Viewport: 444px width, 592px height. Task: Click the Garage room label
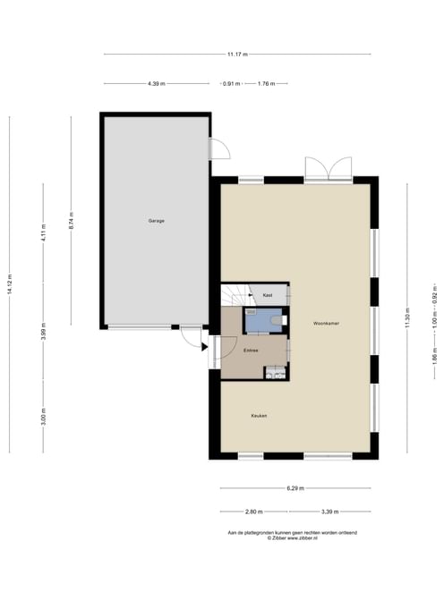coord(156,221)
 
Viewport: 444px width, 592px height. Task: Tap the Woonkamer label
coord(326,324)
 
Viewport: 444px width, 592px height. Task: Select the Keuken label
coord(259,416)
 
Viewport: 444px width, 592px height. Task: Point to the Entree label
coord(251,351)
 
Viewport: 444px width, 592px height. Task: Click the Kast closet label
coord(268,295)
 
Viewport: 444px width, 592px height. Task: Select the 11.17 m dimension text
coord(237,55)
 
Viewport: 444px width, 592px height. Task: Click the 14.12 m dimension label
coord(10,283)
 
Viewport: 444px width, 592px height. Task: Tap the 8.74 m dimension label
coord(71,221)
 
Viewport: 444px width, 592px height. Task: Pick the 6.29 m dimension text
coord(295,488)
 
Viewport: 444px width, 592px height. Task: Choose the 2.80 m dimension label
coord(254,512)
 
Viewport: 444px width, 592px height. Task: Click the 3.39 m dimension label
coord(330,512)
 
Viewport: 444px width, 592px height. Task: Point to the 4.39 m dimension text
coord(157,84)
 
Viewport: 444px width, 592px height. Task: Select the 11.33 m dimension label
coord(407,317)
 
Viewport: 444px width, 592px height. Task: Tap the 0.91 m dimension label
coord(232,84)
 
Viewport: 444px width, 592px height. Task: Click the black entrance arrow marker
coord(204,347)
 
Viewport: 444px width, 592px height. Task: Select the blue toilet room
coord(264,320)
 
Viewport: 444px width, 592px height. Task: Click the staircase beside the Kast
coord(235,295)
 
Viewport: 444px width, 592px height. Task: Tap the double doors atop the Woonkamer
coord(329,168)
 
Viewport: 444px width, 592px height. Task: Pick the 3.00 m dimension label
coord(43,417)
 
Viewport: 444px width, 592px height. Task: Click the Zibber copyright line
coord(292,538)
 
